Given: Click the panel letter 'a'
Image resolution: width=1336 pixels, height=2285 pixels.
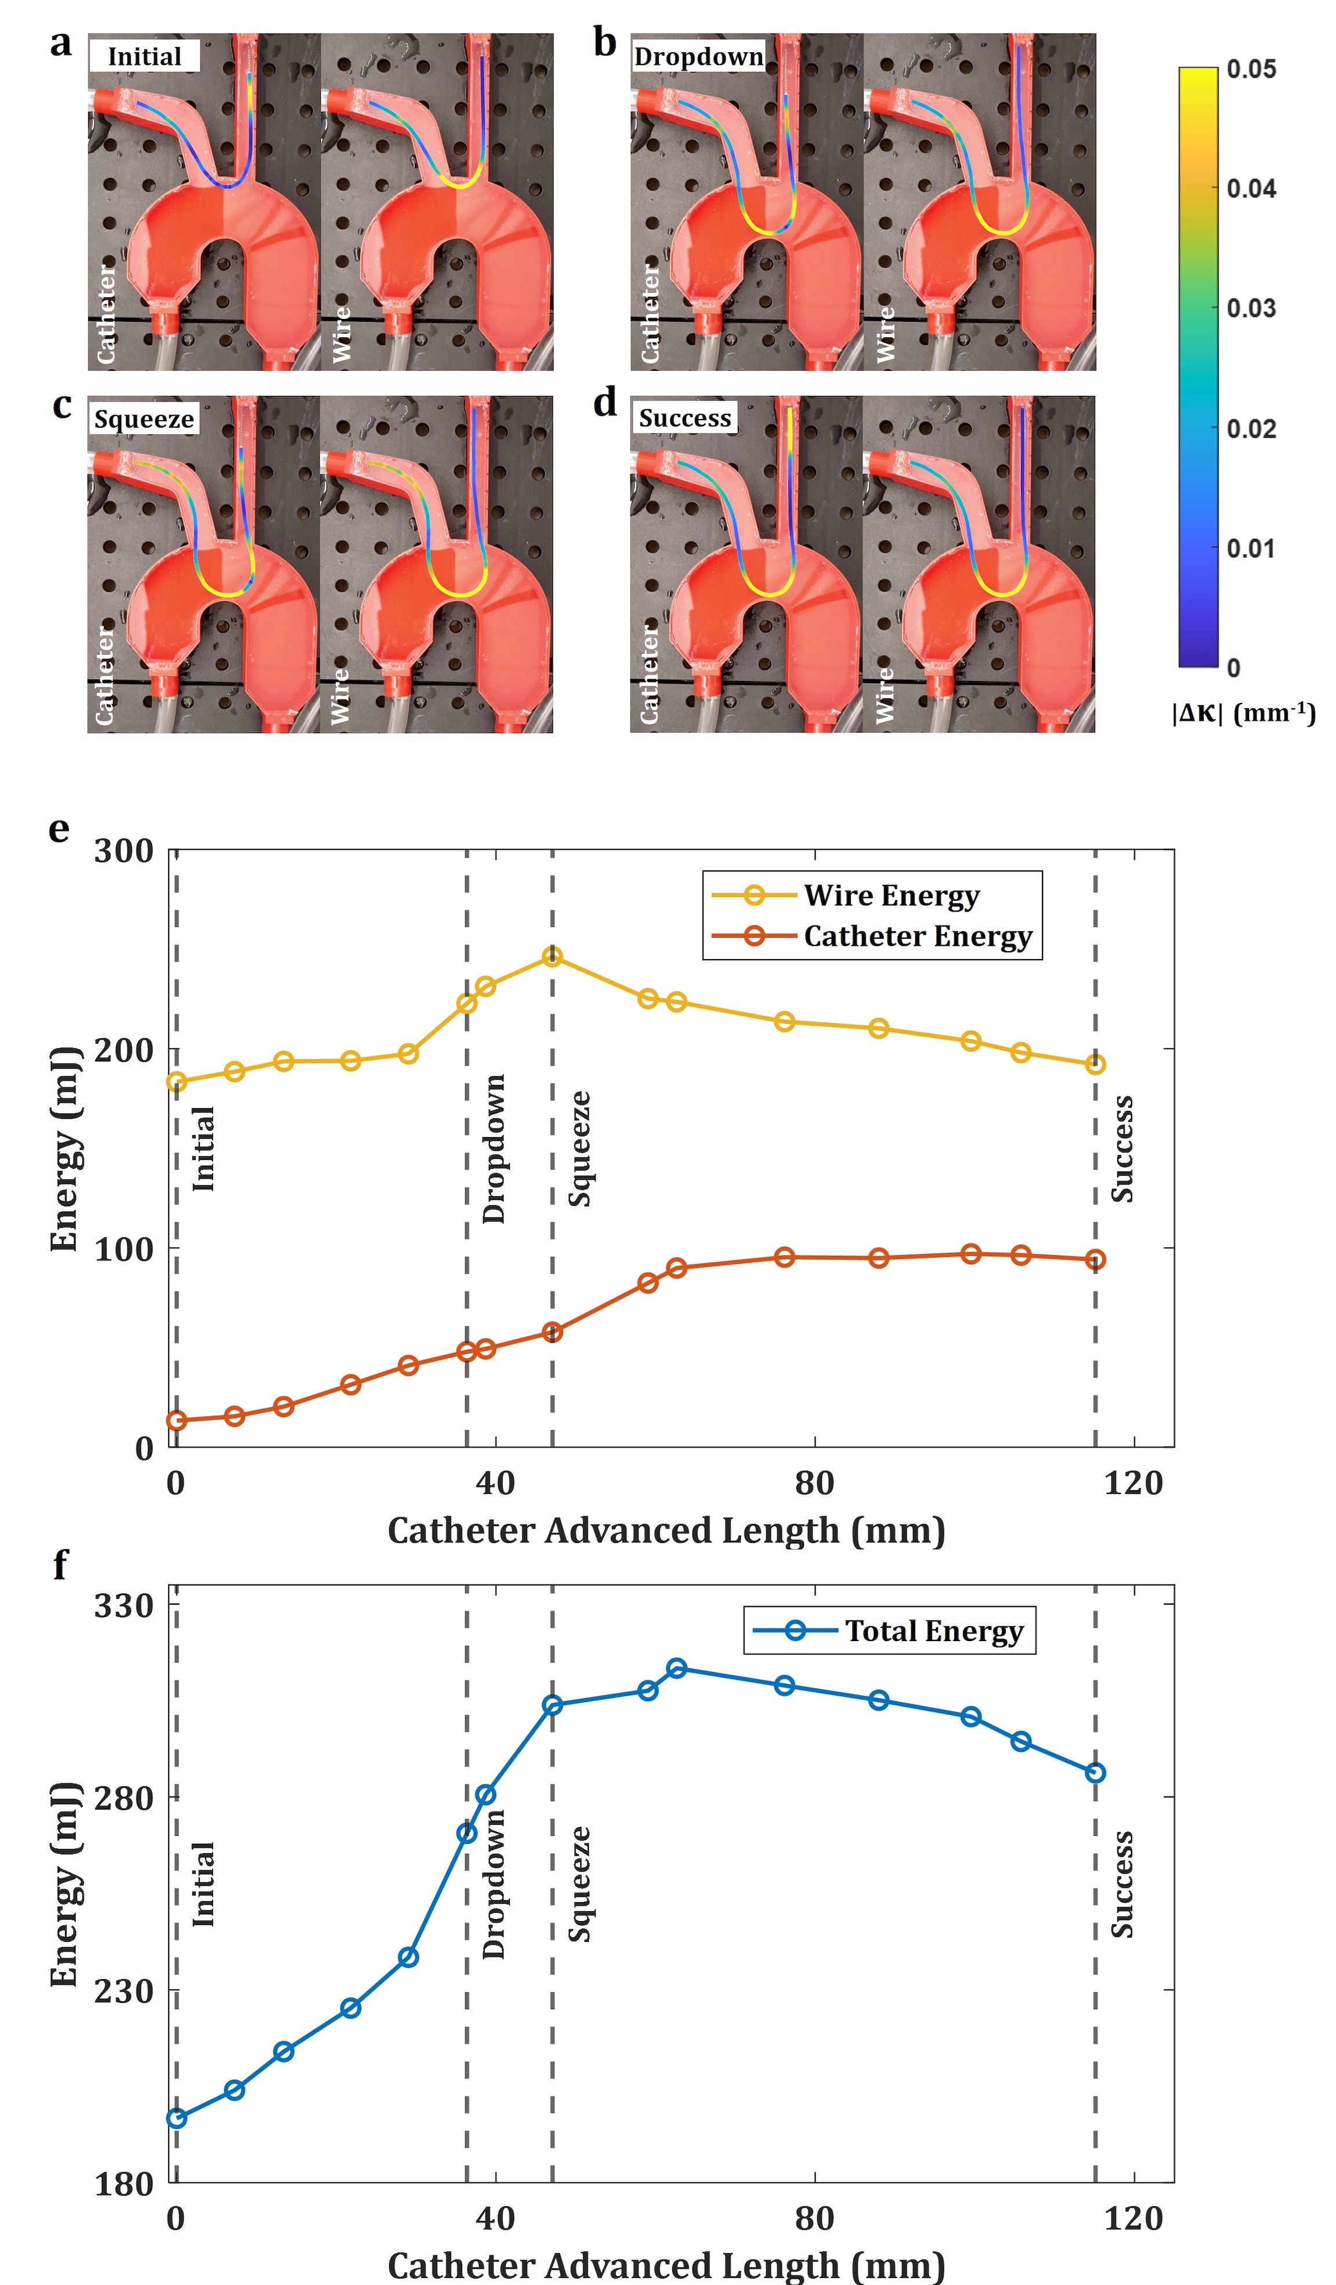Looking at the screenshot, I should pos(61,43).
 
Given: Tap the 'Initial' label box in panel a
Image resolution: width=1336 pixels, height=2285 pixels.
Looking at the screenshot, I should pos(144,56).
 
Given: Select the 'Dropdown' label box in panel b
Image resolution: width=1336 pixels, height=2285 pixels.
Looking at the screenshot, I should pos(698,56).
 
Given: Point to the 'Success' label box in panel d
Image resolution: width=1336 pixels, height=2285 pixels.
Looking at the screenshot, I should pos(685,418).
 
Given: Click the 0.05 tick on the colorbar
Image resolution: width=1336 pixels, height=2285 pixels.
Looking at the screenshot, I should pos(1251,69).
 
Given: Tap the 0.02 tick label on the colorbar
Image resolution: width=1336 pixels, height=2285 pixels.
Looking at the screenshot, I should pos(1251,428).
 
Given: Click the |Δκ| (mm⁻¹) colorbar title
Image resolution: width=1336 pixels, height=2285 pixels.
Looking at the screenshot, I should pos(1243,713).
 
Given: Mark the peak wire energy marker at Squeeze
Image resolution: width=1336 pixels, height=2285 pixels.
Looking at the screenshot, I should pos(552,957).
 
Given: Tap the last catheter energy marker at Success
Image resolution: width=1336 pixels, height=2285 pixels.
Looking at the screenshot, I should pos(1095,1259).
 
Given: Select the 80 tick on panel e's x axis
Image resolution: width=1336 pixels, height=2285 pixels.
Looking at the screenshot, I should pos(814,1484).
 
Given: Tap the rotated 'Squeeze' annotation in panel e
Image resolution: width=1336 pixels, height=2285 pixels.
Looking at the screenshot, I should pos(580,1148).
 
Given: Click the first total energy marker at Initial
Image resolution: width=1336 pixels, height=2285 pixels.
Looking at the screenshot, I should pos(177,2118).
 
